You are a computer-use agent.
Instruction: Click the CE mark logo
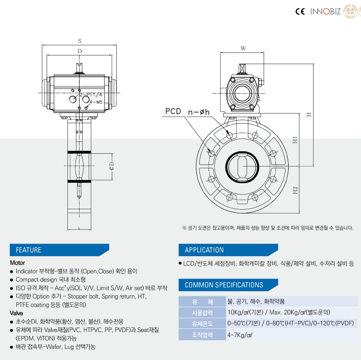[x=300, y=11]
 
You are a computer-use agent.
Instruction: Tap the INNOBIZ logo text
[x=325, y=11]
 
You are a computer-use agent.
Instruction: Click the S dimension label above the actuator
[x=80, y=41]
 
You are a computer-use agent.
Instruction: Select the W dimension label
[x=243, y=48]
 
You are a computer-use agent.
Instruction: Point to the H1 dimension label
[x=295, y=140]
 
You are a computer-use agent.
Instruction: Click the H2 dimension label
[x=295, y=190]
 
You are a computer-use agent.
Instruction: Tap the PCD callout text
[x=173, y=112]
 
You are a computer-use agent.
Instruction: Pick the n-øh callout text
[x=199, y=112]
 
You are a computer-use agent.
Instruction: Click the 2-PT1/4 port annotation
[x=91, y=95]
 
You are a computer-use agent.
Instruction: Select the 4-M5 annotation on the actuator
[x=96, y=102]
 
